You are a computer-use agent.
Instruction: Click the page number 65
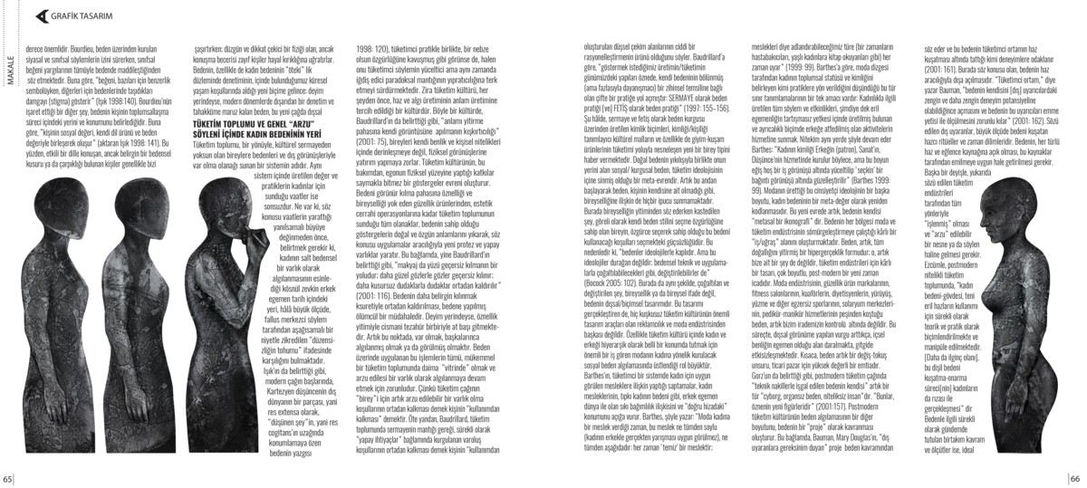tap(6, 479)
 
